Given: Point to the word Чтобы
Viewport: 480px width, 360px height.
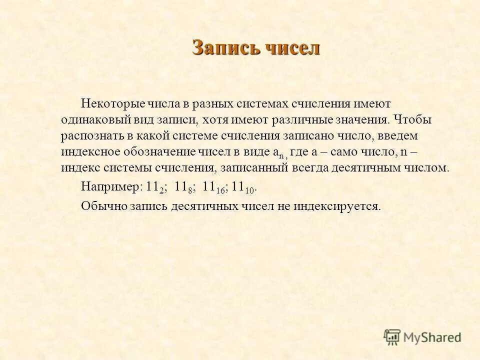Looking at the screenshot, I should (x=412, y=119).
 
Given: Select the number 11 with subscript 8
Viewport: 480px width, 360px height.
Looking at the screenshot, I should (x=183, y=187).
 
